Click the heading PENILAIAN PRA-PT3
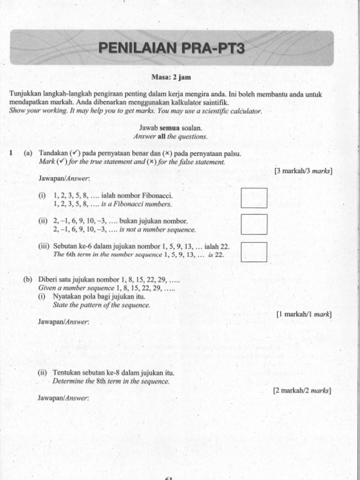click(171, 48)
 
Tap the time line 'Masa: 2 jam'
click(171, 77)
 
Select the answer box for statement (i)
click(254, 198)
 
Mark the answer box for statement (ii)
click(254, 224)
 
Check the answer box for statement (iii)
click(254, 252)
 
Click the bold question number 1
click(11, 153)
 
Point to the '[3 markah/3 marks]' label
click(303, 171)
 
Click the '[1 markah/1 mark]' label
click(304, 314)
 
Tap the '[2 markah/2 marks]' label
click(302, 390)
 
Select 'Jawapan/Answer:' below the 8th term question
click(63, 398)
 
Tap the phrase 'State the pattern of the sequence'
click(101, 305)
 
